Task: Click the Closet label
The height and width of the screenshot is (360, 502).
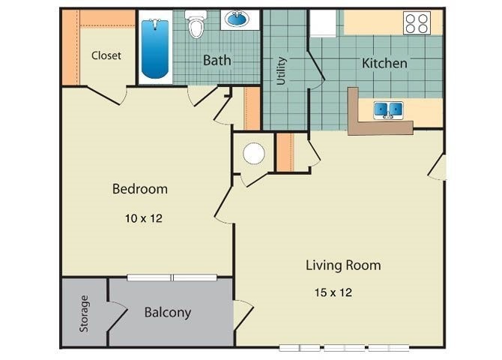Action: pos(106,55)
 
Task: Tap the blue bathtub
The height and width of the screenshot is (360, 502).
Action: pos(155,49)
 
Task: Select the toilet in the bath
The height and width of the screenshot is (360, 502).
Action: pos(196,25)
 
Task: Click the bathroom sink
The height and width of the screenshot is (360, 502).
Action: pos(239,19)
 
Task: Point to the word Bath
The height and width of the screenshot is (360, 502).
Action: pos(217,60)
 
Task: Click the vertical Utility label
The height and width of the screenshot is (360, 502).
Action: pos(282,70)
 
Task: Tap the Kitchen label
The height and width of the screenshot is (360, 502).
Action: pos(384,63)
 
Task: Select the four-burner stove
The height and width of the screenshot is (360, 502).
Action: pos(417,23)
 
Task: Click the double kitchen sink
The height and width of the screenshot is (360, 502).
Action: pos(388,110)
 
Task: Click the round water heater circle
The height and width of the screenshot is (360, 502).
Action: pos(254,154)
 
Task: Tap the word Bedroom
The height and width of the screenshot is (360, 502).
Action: pos(139,189)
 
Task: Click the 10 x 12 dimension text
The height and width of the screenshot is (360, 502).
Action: pos(143,219)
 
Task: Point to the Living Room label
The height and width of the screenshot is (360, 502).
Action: pos(342,265)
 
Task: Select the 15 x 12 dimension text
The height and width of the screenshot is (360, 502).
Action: pos(333,292)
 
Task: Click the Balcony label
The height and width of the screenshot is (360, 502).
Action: pos(167,313)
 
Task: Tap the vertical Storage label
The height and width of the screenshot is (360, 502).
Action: pos(84,313)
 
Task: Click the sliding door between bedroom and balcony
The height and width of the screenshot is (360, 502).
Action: pos(172,277)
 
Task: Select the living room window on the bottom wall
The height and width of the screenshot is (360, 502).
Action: pos(344,348)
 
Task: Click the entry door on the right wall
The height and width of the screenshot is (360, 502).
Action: pos(438,166)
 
